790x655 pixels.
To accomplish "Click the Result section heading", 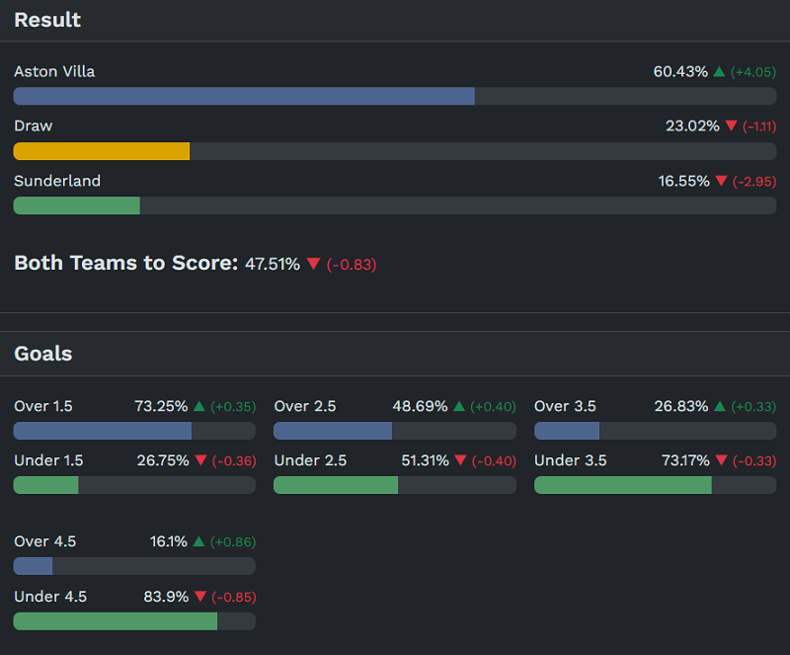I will click(x=47, y=20).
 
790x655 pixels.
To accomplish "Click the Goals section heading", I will click(x=42, y=354).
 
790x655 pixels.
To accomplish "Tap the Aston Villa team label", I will click(x=54, y=72).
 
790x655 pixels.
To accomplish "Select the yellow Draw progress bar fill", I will click(x=101, y=151).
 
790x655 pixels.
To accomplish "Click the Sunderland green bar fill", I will click(x=76, y=205).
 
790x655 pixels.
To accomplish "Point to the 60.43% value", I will click(x=680, y=72).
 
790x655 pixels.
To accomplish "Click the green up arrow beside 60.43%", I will click(x=719, y=72).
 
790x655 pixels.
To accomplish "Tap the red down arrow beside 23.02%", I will click(x=731, y=126).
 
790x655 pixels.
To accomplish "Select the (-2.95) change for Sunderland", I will click(x=753, y=182).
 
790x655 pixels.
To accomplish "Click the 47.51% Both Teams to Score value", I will click(x=273, y=264).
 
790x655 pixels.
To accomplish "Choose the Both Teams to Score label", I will click(x=125, y=263).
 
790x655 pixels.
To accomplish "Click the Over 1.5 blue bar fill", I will click(x=102, y=431).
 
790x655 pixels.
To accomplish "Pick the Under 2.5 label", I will click(x=310, y=460).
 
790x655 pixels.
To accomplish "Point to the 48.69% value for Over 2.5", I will click(x=420, y=406).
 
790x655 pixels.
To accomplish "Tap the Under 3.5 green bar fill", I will click(x=622, y=485).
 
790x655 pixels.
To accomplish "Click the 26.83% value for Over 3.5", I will click(x=681, y=406).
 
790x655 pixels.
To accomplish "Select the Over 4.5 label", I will click(x=44, y=541).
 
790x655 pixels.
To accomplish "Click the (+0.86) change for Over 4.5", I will click(x=233, y=542).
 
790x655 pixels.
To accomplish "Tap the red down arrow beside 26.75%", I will click(x=200, y=461).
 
